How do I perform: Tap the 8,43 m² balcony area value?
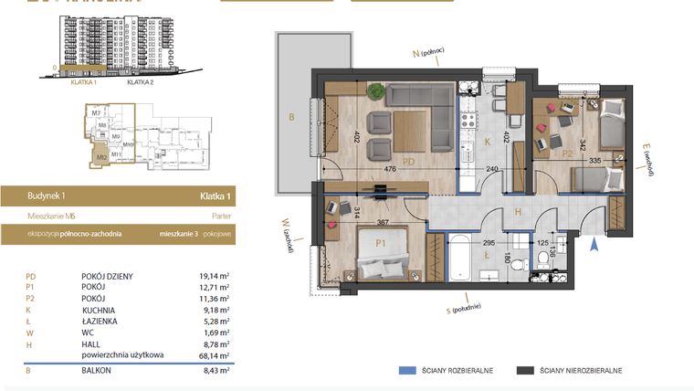tap(216, 371)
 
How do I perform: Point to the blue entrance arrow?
tap(595, 242)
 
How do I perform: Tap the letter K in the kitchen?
tap(488, 142)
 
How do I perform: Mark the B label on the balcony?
tap(291, 117)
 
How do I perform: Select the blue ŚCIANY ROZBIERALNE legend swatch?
tap(407, 371)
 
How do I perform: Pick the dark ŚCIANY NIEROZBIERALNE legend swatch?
tap(525, 371)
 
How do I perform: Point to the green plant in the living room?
tap(375, 89)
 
